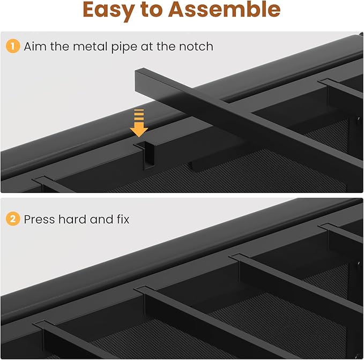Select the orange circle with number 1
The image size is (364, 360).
point(12,47)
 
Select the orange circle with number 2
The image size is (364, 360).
point(12,219)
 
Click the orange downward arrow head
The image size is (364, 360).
point(139,129)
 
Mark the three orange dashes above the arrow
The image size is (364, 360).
point(139,115)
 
